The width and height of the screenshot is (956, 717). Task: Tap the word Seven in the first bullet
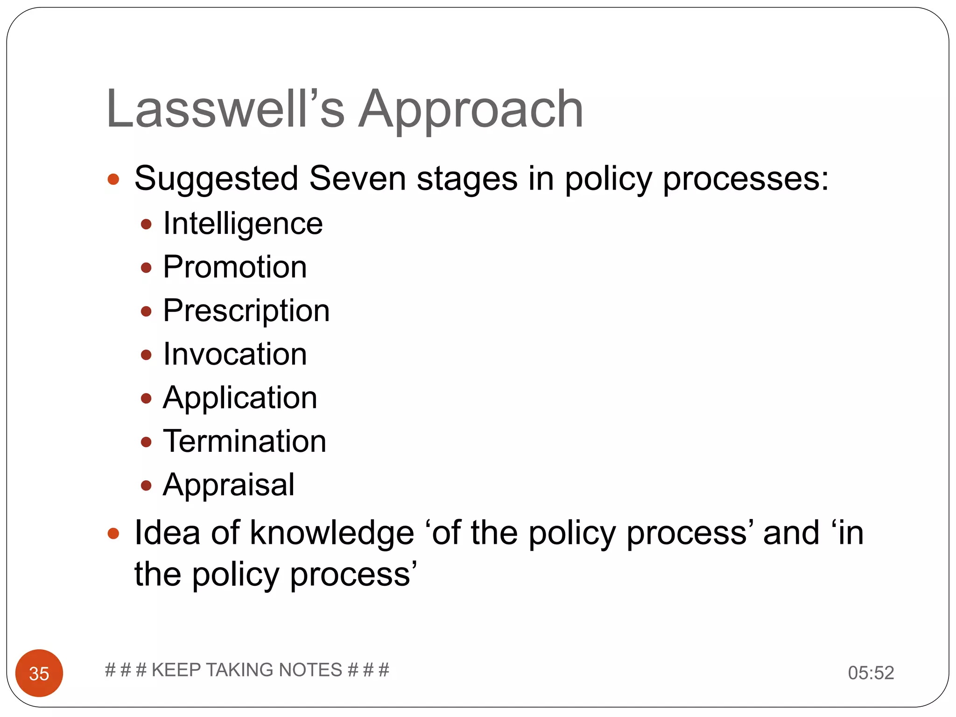[x=357, y=178]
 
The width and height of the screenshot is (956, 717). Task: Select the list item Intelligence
[x=243, y=224]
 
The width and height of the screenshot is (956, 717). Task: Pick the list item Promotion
[x=235, y=267]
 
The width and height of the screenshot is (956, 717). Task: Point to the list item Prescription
[x=246, y=311]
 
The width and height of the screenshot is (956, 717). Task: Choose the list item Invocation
[x=235, y=354]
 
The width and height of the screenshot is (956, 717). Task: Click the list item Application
[x=240, y=398]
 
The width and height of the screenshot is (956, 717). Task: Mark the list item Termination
[x=244, y=442]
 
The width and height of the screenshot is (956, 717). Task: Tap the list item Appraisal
[x=229, y=485]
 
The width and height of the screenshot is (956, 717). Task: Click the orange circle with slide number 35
[x=39, y=673]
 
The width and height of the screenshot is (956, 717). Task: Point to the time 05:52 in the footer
[x=871, y=673]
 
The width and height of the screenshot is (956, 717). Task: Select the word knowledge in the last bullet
[x=332, y=533]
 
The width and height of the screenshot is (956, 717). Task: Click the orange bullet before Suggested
[x=113, y=179]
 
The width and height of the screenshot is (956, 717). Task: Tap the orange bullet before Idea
[x=113, y=534]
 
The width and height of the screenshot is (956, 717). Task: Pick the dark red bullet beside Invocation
[x=146, y=355]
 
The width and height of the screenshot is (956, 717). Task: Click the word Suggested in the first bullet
[x=216, y=179]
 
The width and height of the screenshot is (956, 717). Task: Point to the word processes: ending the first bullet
[x=745, y=179]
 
